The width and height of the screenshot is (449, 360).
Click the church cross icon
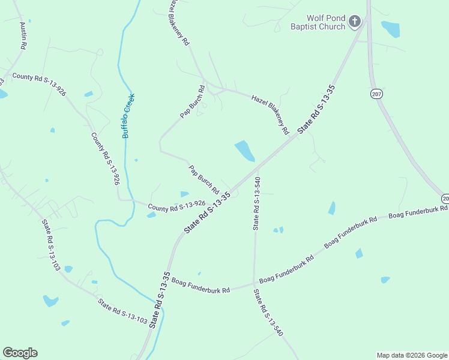[x=355, y=22]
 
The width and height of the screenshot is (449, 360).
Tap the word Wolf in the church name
[x=315, y=19]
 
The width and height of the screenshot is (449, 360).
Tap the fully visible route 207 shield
[x=376, y=94]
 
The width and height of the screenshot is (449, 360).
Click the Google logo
[x=20, y=353]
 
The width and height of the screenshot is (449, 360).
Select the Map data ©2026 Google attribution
[x=412, y=355]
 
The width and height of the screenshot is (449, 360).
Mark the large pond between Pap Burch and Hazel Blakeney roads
[x=244, y=151]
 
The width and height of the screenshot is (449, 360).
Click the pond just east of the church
[x=390, y=29]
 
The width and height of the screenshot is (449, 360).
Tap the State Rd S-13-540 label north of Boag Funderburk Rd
[x=256, y=203]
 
